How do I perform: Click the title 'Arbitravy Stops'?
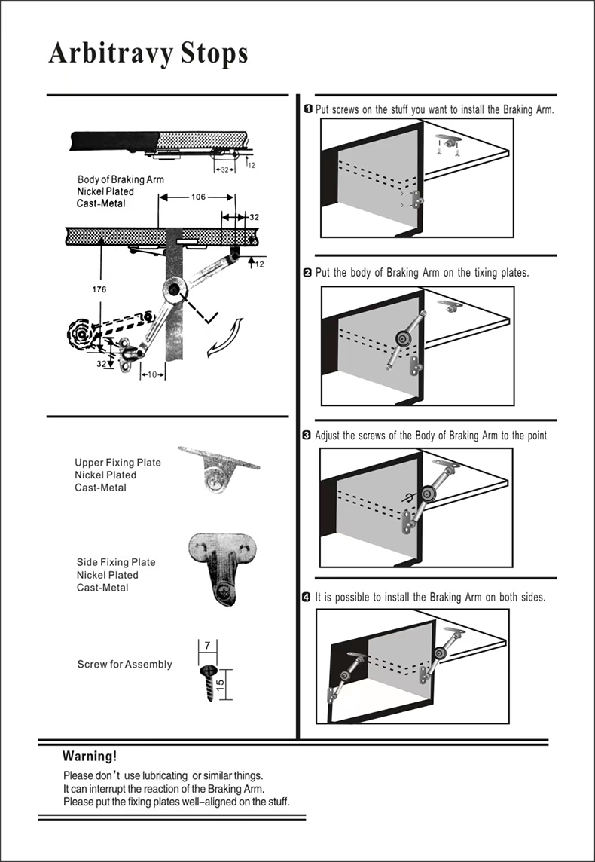pos(148,53)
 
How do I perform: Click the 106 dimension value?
pos(197,197)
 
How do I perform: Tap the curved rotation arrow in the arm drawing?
pos(226,337)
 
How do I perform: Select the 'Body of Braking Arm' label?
pos(121,180)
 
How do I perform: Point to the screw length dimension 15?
pos(220,685)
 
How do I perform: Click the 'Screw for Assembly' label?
pos(124,665)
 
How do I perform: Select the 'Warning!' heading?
pos(90,756)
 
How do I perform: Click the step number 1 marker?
pos(308,109)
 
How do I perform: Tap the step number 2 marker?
pos(307,272)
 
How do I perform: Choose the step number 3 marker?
pos(307,436)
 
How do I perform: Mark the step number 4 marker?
pos(307,598)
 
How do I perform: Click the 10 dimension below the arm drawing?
pos(152,374)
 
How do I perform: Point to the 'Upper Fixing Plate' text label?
pos(117,463)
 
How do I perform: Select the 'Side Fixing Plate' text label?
pos(116,562)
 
